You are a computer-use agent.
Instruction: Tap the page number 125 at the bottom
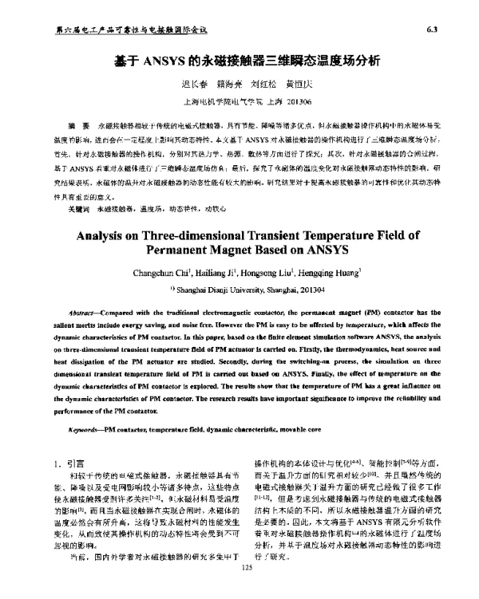tap(246, 589)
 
